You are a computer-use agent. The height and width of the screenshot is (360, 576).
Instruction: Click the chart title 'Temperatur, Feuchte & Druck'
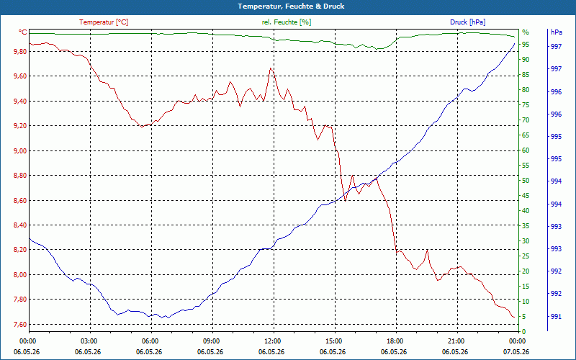[291, 6]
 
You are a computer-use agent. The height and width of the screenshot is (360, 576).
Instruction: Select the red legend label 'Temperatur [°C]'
[104, 22]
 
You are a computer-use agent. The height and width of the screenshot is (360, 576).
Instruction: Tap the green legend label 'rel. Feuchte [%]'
[286, 22]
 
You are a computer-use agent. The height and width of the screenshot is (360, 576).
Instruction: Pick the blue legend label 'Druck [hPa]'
[467, 22]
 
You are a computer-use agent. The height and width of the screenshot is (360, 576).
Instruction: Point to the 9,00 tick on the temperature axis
[20, 151]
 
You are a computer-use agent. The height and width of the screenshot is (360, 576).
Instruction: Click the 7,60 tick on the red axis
[20, 325]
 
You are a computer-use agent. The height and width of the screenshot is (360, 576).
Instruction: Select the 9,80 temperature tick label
[20, 52]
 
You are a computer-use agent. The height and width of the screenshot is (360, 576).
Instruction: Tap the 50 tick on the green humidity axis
[526, 181]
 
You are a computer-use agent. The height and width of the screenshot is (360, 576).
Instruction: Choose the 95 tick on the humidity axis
[526, 45]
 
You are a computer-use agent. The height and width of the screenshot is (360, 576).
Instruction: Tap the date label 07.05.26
[516, 351]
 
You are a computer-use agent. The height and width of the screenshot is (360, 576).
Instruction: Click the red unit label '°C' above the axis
[22, 32]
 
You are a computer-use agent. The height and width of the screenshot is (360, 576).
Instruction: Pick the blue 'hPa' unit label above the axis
[556, 32]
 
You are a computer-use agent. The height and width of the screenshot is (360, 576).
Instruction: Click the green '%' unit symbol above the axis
[526, 32]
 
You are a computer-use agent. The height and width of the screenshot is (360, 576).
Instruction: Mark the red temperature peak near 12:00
[271, 68]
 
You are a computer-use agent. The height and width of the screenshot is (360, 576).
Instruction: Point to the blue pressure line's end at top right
[514, 43]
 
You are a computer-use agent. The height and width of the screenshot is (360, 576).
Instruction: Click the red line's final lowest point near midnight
[513, 317]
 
